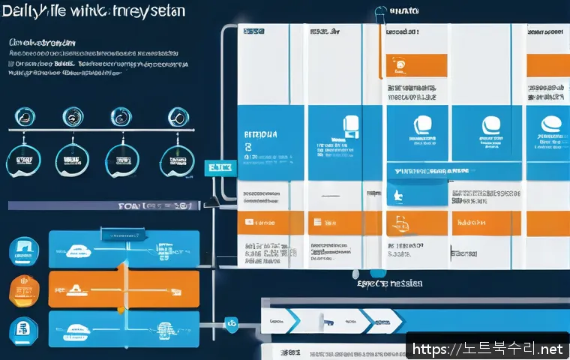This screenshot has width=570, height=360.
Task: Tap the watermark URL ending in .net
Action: (487, 349)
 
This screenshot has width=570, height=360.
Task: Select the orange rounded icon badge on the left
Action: (22, 289)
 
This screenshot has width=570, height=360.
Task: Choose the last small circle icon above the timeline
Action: (176, 116)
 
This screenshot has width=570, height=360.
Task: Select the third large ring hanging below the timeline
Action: (122, 159)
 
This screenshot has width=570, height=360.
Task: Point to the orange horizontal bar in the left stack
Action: (124, 289)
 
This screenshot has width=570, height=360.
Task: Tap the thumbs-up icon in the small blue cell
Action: (396, 196)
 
